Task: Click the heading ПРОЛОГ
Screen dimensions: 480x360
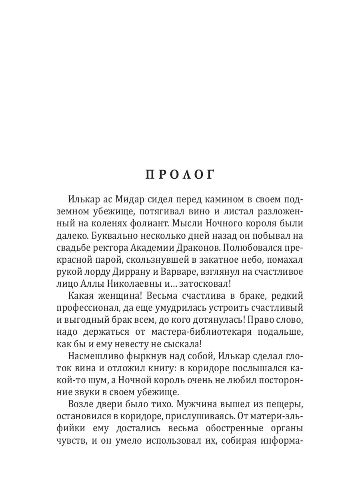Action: (180, 175)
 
